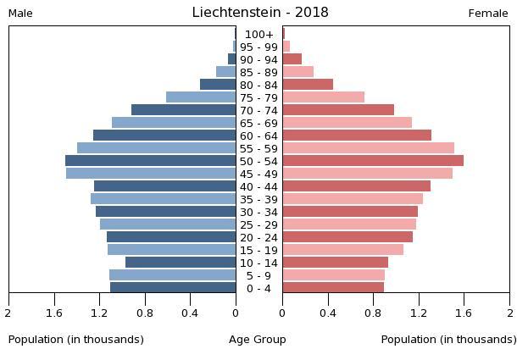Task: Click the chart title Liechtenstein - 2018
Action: [x=259, y=13]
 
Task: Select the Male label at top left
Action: [x=20, y=14]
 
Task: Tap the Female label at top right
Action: [x=488, y=14]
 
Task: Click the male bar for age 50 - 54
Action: [x=151, y=161]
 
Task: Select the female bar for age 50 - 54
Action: [x=373, y=161]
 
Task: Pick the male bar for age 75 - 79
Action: [x=201, y=97]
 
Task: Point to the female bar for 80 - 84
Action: [x=308, y=85]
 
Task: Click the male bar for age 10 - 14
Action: [x=181, y=263]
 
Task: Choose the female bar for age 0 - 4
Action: [x=333, y=288]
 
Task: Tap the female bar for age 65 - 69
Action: [x=347, y=123]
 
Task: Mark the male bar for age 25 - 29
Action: [x=168, y=224]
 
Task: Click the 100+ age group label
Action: [x=258, y=34]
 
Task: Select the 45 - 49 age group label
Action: [x=258, y=174]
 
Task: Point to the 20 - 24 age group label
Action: [x=258, y=237]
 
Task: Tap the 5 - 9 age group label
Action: [x=258, y=275]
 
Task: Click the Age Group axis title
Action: [x=258, y=340]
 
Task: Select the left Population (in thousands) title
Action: [x=76, y=340]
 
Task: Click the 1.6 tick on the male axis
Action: [x=55, y=313]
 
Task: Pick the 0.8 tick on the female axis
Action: [x=373, y=313]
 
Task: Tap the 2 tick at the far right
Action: [x=509, y=313]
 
